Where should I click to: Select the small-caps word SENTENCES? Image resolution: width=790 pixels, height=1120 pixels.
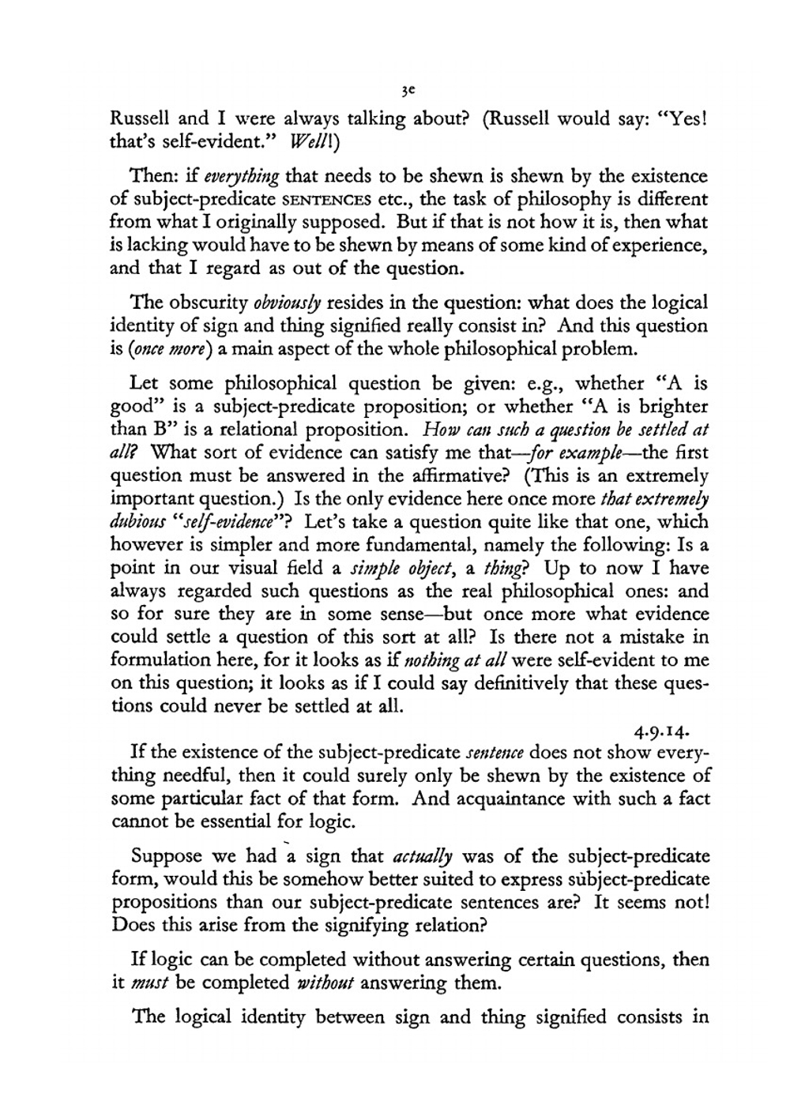click(335, 199)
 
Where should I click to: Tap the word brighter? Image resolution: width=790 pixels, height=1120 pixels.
click(668, 408)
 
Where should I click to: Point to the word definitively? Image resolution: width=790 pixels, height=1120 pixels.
click(533, 683)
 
